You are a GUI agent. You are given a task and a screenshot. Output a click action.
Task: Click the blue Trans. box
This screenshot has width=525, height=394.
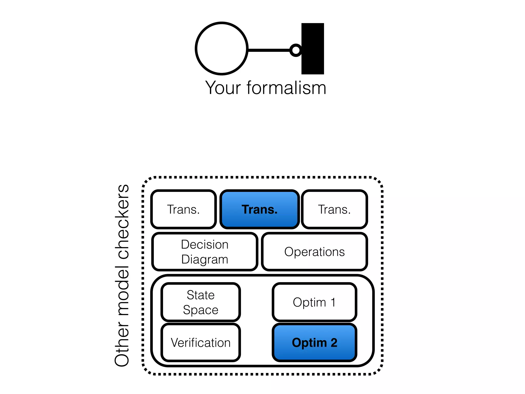coord(259,209)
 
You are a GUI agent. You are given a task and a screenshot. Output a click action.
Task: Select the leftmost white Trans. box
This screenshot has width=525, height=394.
coord(183,209)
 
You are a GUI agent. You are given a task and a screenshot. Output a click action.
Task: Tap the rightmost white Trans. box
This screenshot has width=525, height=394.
coord(334,209)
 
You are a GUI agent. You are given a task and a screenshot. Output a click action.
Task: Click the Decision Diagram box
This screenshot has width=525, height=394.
coord(205,252)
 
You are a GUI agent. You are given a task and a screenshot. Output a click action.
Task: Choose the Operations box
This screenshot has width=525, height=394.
coord(314,252)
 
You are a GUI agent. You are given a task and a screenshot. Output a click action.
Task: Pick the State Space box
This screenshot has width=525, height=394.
coord(200,302)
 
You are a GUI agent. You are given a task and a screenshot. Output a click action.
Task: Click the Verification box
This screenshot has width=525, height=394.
coord(200,343)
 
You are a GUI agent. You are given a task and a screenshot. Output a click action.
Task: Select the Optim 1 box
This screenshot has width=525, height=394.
coord(314,302)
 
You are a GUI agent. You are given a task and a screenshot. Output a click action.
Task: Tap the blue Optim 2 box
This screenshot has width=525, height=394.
coord(314,343)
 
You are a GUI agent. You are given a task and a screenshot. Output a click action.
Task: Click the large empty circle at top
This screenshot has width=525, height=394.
coord(221,48)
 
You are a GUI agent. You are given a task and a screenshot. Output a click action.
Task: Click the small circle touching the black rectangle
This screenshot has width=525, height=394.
coord(296,50)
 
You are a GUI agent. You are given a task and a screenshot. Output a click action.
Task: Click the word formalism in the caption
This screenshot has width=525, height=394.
coord(286,88)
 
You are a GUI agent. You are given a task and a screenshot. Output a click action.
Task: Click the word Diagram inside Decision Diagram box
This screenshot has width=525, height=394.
coord(205,259)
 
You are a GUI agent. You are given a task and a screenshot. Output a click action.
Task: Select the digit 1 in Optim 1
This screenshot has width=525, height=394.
coord(333,302)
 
